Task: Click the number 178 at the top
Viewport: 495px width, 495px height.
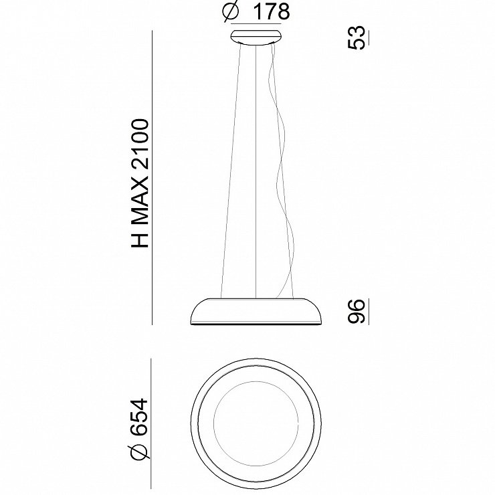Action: (x=272, y=12)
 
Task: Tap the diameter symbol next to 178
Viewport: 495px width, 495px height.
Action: (x=231, y=11)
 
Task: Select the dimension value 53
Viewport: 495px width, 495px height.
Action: (x=356, y=37)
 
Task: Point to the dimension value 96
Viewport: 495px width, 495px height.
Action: (x=356, y=311)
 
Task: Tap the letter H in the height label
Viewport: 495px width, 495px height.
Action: (x=139, y=239)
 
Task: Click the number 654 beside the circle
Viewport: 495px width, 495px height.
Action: (x=139, y=417)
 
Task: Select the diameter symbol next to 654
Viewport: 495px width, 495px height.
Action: (x=139, y=451)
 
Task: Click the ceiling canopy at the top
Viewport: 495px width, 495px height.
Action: (x=256, y=36)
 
